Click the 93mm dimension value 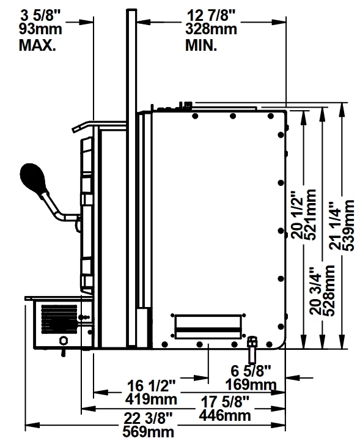(x=40, y=29)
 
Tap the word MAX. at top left (x=37, y=45)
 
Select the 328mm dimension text (x=211, y=29)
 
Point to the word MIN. (x=201, y=45)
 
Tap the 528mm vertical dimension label (x=329, y=291)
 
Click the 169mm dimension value (x=251, y=384)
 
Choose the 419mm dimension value (x=151, y=399)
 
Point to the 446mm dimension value (x=225, y=415)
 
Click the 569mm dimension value (x=149, y=432)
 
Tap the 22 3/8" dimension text (x=148, y=418)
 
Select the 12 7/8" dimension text (x=211, y=15)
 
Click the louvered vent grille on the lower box (x=59, y=319)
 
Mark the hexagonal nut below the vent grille (x=64, y=340)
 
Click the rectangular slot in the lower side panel (x=208, y=327)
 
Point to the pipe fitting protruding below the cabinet (x=252, y=350)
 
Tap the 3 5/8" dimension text (x=41, y=15)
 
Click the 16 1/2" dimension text (x=151, y=385)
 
